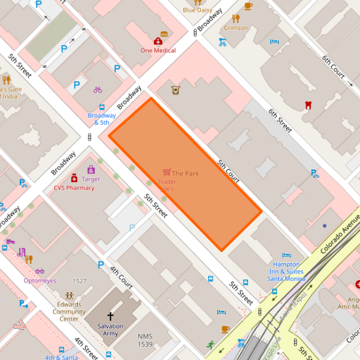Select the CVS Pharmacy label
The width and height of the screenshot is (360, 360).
coord(74,188)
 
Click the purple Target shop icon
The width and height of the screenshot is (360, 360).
coord(91,170)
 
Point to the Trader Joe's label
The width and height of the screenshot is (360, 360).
coord(166,185)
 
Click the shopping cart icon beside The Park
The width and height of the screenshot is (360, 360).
coord(166,173)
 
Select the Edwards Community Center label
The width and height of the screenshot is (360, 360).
coord(69,312)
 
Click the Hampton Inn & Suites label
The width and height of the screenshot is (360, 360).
coord(287,272)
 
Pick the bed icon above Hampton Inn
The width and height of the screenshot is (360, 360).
coord(286,255)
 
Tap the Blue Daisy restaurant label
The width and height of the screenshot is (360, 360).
coord(197,10)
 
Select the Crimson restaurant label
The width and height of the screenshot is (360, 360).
coord(236,28)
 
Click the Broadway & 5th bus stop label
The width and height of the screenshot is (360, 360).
coord(101,119)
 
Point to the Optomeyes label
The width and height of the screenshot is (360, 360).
coord(40,281)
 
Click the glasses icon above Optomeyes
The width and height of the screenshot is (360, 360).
coord(40,271)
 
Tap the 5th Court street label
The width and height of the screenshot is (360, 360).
coord(228,169)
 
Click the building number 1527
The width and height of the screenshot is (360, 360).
coord(79,281)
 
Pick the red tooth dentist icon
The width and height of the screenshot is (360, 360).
coord(308,105)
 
